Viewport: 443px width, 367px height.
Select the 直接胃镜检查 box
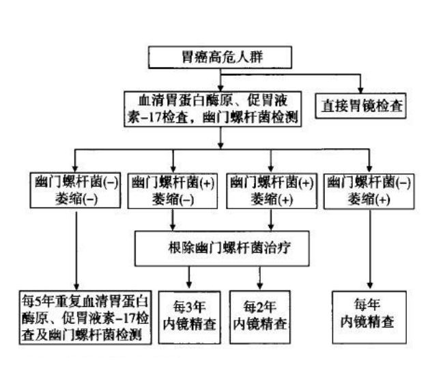coord(362,106)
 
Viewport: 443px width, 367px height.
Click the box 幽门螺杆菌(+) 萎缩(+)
coord(272,191)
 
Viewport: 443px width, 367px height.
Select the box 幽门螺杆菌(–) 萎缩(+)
coord(369,191)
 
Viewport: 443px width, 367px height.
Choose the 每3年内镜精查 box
coord(190,314)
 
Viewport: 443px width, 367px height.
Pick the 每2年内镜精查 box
coord(259,314)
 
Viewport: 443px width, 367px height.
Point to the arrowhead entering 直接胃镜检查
coord(362,90)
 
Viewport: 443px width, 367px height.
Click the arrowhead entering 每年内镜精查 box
coord(369,286)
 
